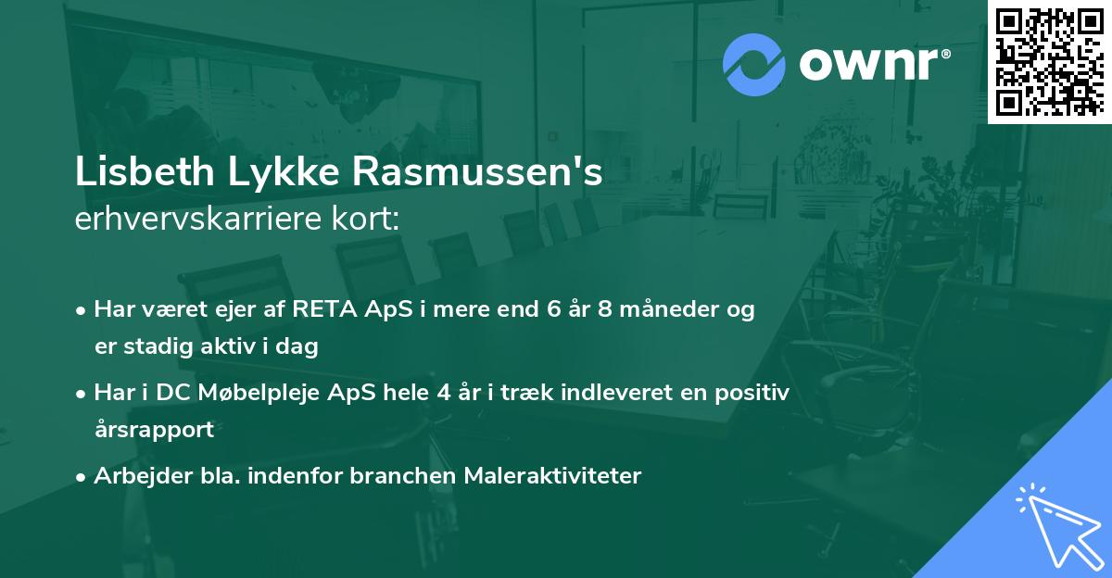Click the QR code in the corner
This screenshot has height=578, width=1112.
click(x=1049, y=61)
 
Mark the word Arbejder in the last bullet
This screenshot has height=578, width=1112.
click(x=136, y=476)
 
